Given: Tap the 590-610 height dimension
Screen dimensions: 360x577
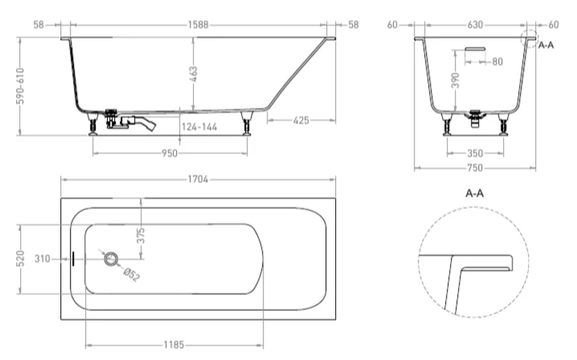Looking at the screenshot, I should (x=24, y=86).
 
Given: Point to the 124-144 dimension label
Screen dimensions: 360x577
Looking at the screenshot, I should (x=198, y=127).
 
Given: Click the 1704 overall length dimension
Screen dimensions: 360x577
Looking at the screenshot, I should (x=198, y=179).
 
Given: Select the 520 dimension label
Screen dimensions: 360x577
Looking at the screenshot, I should (x=24, y=259).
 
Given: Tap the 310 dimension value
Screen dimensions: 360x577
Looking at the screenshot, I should (x=44, y=259).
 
